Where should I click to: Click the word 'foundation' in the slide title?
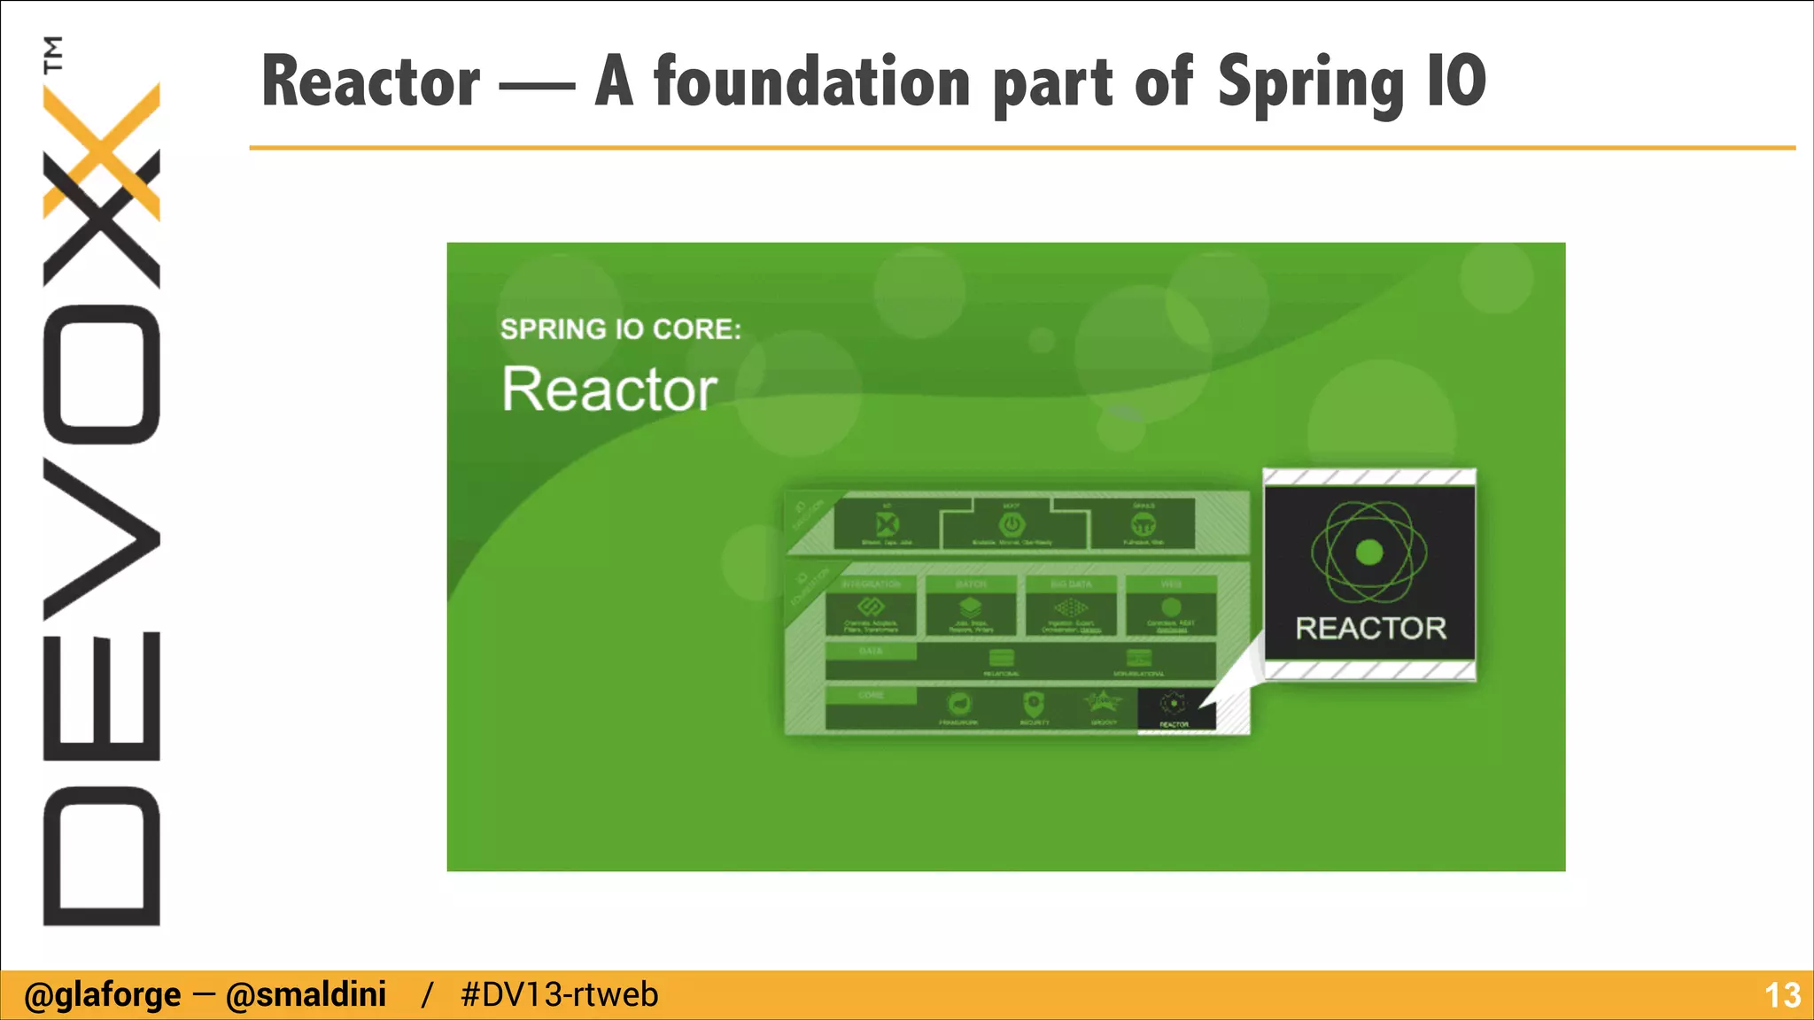pos(812,81)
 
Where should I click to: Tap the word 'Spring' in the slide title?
pos(1311,83)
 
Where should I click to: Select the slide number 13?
pos(1782,995)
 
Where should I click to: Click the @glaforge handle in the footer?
pos(102,995)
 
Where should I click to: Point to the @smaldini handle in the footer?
pos(306,995)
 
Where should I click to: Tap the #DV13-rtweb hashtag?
pos(559,995)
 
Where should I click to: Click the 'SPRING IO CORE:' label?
pos(620,329)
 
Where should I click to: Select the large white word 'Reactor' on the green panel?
pos(609,390)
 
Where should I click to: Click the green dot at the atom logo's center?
pos(1369,552)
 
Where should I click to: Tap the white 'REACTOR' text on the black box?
pos(1370,629)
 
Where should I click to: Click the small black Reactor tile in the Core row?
pos(1174,708)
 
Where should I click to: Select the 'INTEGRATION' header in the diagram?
pos(871,584)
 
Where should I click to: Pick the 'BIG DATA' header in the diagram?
pos(1071,584)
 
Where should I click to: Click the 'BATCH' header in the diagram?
pos(971,584)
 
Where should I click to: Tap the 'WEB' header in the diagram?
pos(1171,584)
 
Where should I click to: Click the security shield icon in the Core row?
pos(1034,705)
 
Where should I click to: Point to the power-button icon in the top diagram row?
pos(1012,524)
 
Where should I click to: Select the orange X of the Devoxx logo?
pos(102,151)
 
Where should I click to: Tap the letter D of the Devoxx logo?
pos(102,855)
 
